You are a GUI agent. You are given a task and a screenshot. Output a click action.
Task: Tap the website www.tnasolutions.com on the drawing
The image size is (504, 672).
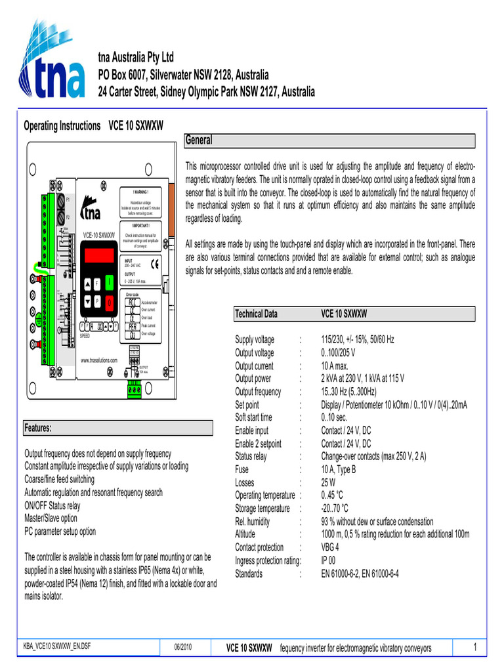point(98,360)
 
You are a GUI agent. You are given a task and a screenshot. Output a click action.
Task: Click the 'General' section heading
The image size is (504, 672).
point(199,140)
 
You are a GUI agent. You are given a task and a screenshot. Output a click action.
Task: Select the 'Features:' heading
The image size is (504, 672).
point(38,428)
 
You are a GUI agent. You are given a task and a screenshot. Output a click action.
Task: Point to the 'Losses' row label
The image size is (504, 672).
point(245,482)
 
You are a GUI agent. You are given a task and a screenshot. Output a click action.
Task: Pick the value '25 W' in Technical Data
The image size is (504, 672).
point(329,482)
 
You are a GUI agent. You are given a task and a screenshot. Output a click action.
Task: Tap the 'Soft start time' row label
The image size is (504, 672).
point(254,417)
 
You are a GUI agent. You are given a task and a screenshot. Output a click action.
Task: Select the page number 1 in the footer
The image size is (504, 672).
point(474,648)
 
